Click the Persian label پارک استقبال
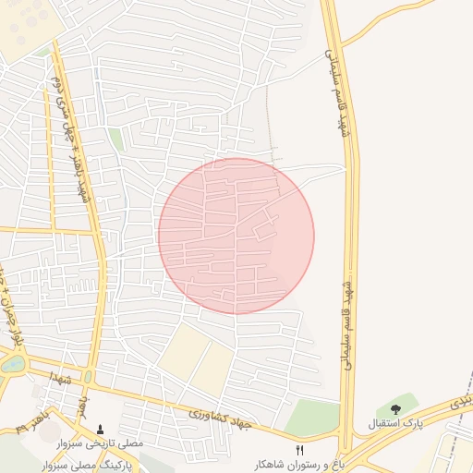[x=398, y=424]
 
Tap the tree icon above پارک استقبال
[x=396, y=409]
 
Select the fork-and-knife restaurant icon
[x=299, y=449]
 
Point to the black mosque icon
[x=101, y=430]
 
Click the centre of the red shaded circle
[x=236, y=236]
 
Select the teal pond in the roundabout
[x=13, y=364]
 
